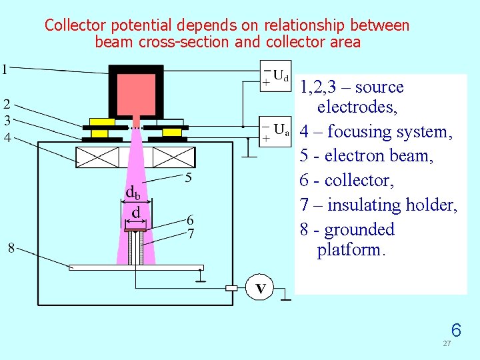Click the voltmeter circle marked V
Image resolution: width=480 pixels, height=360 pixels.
click(261, 288)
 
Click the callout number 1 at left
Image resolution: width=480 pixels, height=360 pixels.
click(5, 69)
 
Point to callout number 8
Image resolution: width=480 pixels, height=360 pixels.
click(11, 248)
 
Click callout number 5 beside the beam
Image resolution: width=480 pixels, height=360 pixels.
click(189, 178)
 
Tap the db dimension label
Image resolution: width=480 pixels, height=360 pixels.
click(133, 193)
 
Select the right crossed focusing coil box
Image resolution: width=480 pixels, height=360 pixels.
click(174, 157)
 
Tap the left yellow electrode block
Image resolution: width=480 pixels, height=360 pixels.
click(101, 127)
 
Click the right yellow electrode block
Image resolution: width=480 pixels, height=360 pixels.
click(172, 127)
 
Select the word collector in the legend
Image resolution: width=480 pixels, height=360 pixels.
click(356, 181)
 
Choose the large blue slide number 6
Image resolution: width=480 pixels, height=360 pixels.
click(456, 330)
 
